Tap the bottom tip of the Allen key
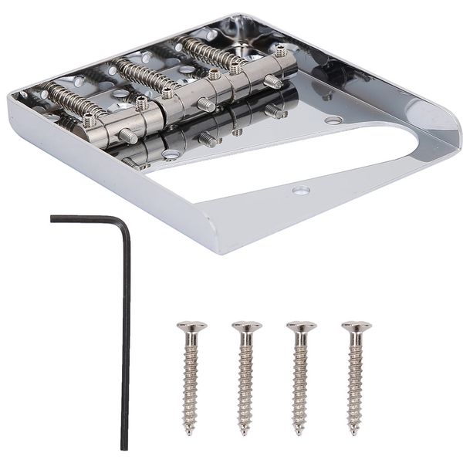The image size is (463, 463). tap(123, 447)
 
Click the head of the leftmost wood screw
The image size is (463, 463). tap(191, 326)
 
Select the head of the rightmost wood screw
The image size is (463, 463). tap(356, 326)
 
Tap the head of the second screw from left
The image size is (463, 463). tap(246, 326)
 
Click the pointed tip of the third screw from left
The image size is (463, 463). tap(300, 432)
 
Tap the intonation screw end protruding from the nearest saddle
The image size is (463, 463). tap(128, 137)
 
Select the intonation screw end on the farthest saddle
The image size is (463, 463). tap(273, 81)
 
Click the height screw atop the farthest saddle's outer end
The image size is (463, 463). tap(281, 52)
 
